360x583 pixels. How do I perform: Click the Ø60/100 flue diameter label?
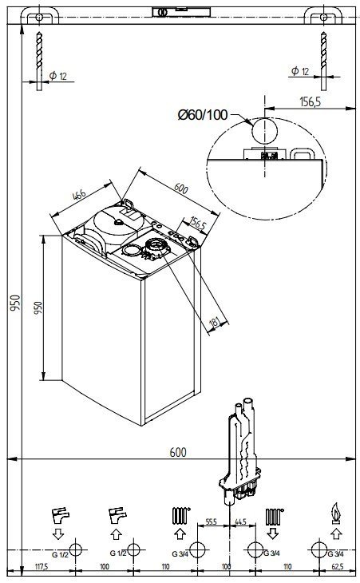pyautogui.click(x=203, y=115)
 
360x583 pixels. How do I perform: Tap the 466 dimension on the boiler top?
pyautogui.click(x=80, y=195)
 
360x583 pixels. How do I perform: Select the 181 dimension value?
pyautogui.click(x=216, y=322)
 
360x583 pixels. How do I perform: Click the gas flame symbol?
pyautogui.click(x=336, y=514)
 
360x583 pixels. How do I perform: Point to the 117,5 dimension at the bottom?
pyautogui.click(x=42, y=567)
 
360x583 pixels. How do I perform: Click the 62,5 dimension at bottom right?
pyautogui.click(x=338, y=567)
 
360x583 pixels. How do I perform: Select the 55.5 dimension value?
pyautogui.click(x=211, y=522)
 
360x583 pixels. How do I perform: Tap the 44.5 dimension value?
pyautogui.click(x=240, y=522)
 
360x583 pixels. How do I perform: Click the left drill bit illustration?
pyautogui.click(x=39, y=61)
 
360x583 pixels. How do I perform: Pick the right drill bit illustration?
pyautogui.click(x=324, y=61)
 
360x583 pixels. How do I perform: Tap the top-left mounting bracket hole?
pyautogui.click(x=39, y=17)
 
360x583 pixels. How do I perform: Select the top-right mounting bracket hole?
pyautogui.click(x=323, y=17)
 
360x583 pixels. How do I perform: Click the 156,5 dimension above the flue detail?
pyautogui.click(x=310, y=101)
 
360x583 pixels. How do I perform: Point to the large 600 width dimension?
pyautogui.click(x=178, y=452)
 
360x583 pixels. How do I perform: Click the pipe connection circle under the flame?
pyautogui.click(x=318, y=549)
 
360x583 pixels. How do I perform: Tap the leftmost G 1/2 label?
pyautogui.click(x=60, y=555)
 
